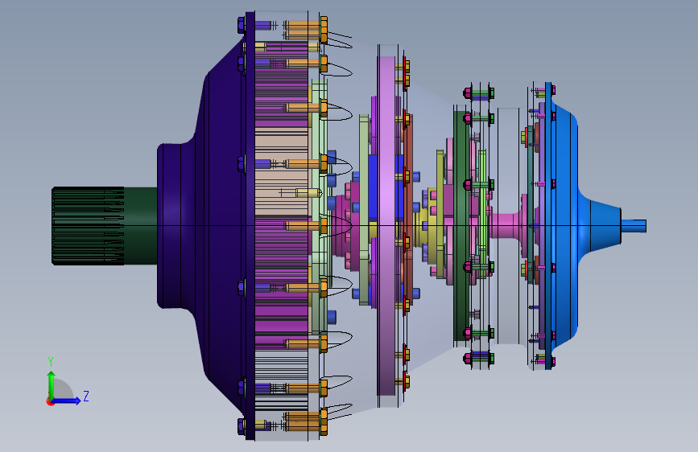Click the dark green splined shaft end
pyautogui.click(x=88, y=226)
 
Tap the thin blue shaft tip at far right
pyautogui.click(x=634, y=226)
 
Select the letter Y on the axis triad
pyautogui.click(x=51, y=361)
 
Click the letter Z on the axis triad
pyautogui.click(x=86, y=396)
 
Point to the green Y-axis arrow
pyautogui.click(x=51, y=385)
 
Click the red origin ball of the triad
pyautogui.click(x=50, y=401)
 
